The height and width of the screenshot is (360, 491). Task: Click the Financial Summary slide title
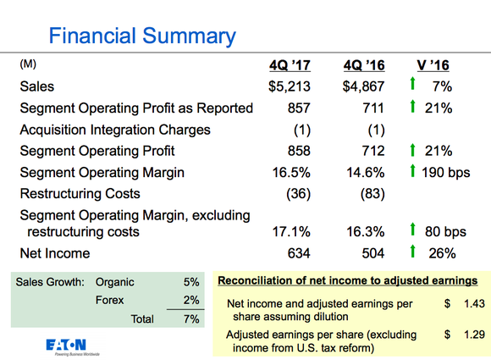(142, 36)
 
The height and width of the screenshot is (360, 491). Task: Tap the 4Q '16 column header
(364, 65)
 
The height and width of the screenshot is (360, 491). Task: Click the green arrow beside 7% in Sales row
(411, 86)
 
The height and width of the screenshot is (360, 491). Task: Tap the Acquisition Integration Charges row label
(114, 130)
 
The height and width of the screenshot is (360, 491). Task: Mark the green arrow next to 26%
(411, 252)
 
